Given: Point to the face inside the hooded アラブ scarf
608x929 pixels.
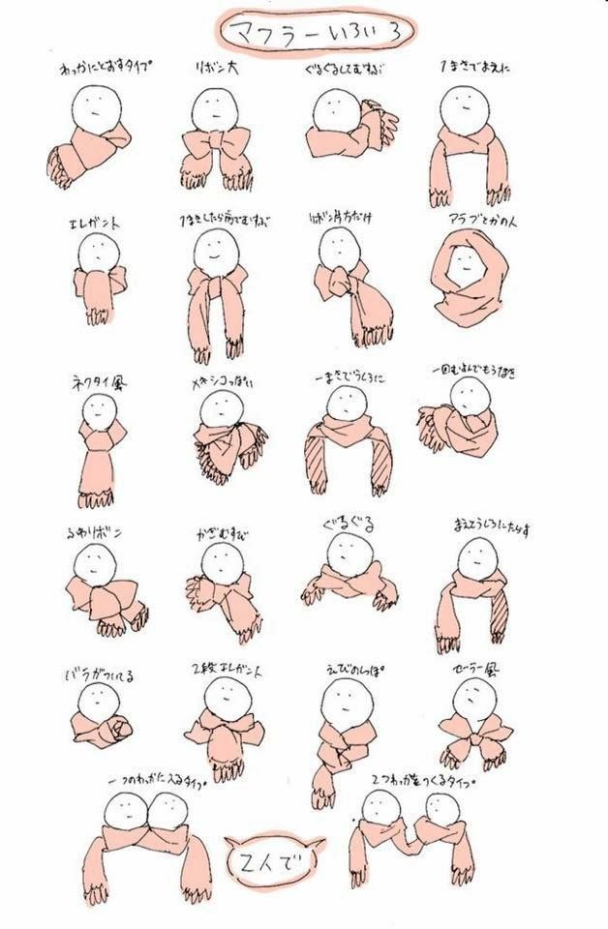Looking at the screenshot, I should click(x=467, y=262).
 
